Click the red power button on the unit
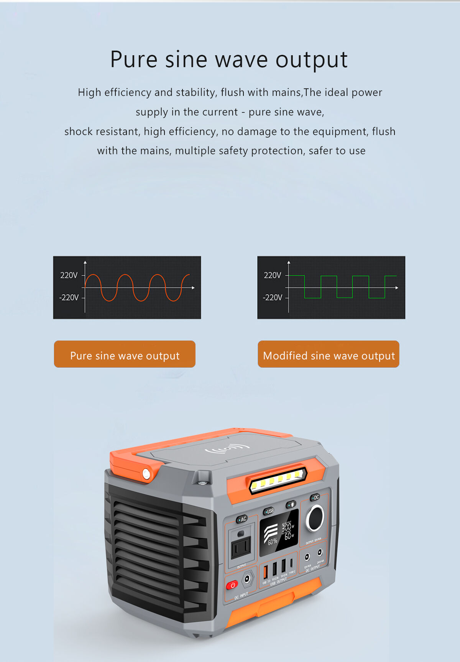pos(232,585)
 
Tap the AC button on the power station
pos(242,519)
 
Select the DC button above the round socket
pos(315,497)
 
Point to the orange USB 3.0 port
pos(265,571)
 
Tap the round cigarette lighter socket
pos(315,518)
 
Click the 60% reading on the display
pos(272,542)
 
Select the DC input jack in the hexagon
pos(248,578)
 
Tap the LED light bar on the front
pos(278,479)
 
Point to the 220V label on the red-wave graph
pos(69,275)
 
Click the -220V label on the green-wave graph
pos(272,298)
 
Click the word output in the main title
pos(311,60)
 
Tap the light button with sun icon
pos(291,504)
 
